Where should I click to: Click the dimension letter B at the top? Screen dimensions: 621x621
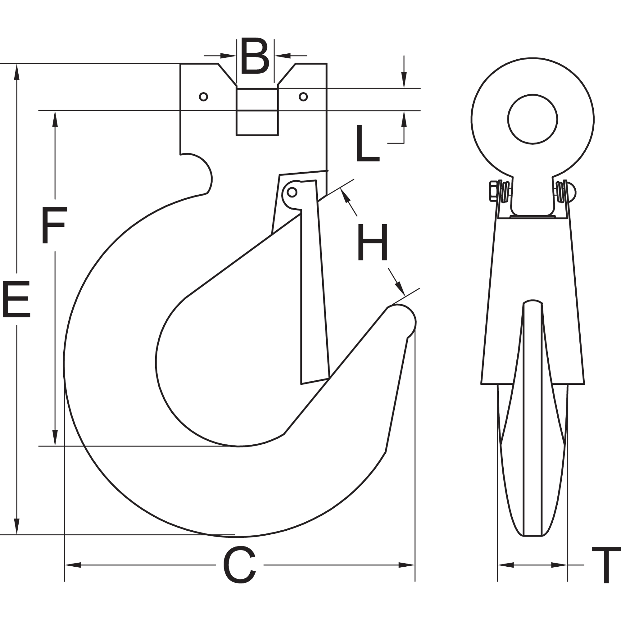[x=255, y=56]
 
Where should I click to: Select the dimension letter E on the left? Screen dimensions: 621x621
[x=16, y=299]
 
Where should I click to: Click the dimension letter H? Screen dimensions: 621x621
[x=373, y=242]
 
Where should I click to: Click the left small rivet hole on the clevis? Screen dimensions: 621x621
[x=203, y=97]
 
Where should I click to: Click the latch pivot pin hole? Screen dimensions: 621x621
[x=292, y=192]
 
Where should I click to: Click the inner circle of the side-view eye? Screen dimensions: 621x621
[x=533, y=119]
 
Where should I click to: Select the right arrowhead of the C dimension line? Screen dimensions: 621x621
[x=407, y=574]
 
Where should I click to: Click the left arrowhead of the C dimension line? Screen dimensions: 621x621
[x=73, y=574]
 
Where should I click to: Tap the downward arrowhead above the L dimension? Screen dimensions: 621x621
[x=404, y=80]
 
